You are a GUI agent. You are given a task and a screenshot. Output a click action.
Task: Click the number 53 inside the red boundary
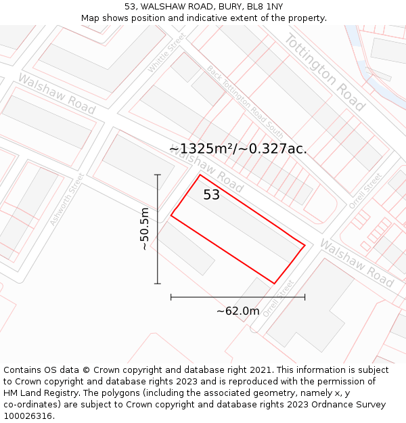coord(212,195)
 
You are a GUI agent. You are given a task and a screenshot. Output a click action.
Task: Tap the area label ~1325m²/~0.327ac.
coord(238,148)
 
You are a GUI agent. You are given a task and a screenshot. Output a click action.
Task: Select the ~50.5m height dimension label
coord(144,229)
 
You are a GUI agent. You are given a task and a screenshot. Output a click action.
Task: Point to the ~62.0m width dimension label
coord(238,311)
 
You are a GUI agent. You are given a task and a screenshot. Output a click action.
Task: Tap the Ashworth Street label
coord(67,199)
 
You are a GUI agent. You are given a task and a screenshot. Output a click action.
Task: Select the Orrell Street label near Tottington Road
coord(365,192)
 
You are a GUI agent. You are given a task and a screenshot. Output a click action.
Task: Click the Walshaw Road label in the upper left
coord(56,93)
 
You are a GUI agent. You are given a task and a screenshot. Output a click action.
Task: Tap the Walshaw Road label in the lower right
coord(357,262)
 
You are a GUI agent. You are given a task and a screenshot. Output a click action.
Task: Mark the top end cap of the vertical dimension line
coord(158,175)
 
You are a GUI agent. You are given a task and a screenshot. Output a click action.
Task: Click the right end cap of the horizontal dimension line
coord(304,296)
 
